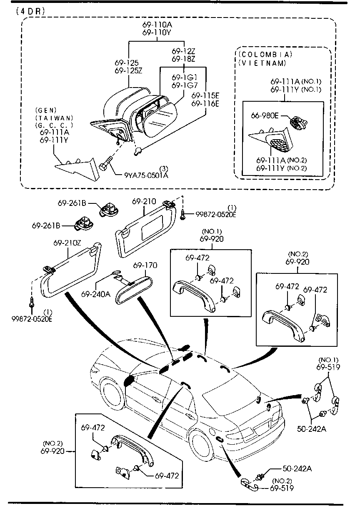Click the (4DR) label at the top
coord(30,11)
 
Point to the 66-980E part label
coord(265,115)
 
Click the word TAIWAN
coord(54,118)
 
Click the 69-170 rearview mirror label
coord(145,265)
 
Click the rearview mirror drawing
coord(133,287)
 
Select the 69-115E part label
coord(205,95)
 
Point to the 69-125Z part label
coord(128,70)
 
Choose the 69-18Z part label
coord(184,59)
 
